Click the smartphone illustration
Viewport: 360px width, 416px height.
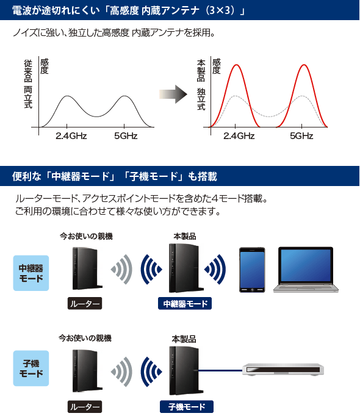[x=252, y=270]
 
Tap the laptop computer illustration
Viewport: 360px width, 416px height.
[x=306, y=270]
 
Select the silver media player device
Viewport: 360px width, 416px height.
[x=283, y=369]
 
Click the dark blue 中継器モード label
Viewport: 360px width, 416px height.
[x=185, y=304]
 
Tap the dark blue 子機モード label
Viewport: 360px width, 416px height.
[x=187, y=406]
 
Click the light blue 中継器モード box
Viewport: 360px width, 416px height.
[x=31, y=273]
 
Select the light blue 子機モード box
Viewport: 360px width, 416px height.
[x=31, y=368]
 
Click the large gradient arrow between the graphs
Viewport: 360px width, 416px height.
[x=173, y=94]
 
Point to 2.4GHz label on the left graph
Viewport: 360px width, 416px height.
[x=71, y=136]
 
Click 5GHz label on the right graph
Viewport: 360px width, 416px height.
[x=301, y=136]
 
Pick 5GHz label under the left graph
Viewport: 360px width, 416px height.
[x=126, y=136]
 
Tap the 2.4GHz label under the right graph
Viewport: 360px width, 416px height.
[x=239, y=136]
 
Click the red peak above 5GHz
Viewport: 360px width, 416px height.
[x=303, y=65]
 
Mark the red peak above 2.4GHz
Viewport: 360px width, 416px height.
[x=236, y=65]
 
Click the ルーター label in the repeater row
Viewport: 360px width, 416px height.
[x=85, y=304]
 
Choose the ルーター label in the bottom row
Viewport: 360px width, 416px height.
[x=85, y=406]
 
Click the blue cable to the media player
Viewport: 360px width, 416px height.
[x=220, y=370]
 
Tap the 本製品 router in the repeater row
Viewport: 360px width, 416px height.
[x=185, y=268]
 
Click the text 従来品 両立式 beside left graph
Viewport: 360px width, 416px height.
[x=28, y=84]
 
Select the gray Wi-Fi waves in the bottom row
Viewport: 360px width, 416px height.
[x=121, y=371]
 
